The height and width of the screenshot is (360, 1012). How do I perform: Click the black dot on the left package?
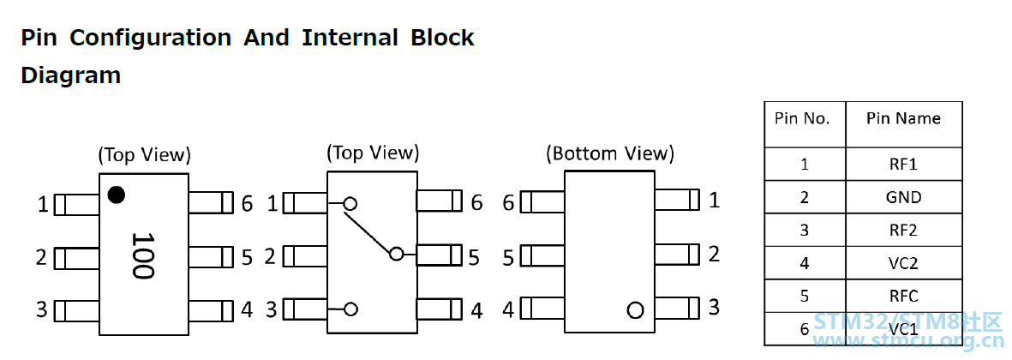point(117,195)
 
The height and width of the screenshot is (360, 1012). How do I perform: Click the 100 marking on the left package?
point(142,255)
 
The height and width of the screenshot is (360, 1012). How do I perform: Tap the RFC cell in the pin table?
point(903,296)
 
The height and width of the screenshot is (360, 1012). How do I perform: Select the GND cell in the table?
point(903,197)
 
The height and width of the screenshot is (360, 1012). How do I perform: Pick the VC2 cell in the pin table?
point(903,263)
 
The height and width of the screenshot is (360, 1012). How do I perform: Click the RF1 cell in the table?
point(903,164)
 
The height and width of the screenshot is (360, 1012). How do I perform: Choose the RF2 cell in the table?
point(903,231)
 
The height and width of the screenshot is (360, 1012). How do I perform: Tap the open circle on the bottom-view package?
point(635,310)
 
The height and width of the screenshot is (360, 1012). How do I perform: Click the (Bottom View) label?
point(610,153)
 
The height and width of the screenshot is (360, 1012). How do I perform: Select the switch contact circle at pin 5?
point(397,255)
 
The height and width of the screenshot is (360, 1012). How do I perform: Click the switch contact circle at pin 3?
point(350,309)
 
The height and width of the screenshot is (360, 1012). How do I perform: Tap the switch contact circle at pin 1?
point(350,204)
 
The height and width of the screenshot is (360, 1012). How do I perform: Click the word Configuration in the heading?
point(150,38)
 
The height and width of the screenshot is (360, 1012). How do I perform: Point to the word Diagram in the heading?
point(71,76)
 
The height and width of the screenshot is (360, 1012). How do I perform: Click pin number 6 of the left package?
point(247,205)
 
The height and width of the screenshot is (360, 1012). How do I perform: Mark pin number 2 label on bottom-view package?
point(714,255)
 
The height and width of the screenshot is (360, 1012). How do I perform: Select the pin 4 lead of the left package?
point(211,310)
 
